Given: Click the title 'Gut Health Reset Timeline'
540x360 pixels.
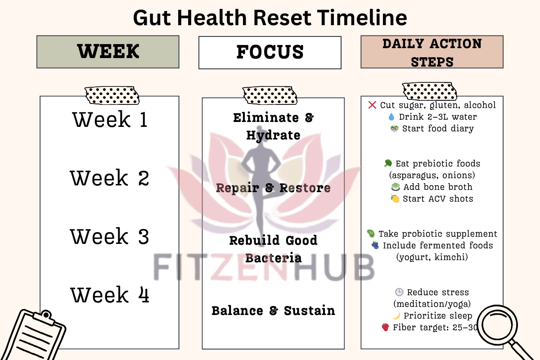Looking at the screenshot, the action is (270, 18).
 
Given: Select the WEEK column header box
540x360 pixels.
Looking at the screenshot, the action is (108, 52).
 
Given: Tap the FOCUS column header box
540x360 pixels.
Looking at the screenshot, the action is (270, 53).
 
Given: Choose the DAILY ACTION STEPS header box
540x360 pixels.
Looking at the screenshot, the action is (432, 52).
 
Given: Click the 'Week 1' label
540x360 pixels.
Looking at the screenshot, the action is (110, 119).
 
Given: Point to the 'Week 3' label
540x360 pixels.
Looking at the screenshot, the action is (109, 236).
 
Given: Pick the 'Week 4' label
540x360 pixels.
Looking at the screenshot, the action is (110, 295).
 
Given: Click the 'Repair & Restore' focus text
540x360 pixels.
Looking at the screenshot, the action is (273, 188).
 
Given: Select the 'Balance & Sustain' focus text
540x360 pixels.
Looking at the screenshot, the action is (273, 310).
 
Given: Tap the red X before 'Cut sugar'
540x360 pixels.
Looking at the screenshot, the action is (372, 105).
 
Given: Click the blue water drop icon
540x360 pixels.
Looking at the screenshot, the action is (391, 117).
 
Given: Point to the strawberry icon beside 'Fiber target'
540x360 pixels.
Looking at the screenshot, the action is (385, 327).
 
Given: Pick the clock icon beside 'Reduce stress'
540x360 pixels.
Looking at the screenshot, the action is (399, 292).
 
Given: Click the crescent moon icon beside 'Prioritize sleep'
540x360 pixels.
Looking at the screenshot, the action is (396, 315).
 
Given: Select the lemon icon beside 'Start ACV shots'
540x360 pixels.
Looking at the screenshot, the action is (395, 199).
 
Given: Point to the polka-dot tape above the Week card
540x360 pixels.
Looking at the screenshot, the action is (112, 95).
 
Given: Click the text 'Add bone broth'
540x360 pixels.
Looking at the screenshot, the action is (438, 187).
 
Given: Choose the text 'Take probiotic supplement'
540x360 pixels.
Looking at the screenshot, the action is (438, 234).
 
